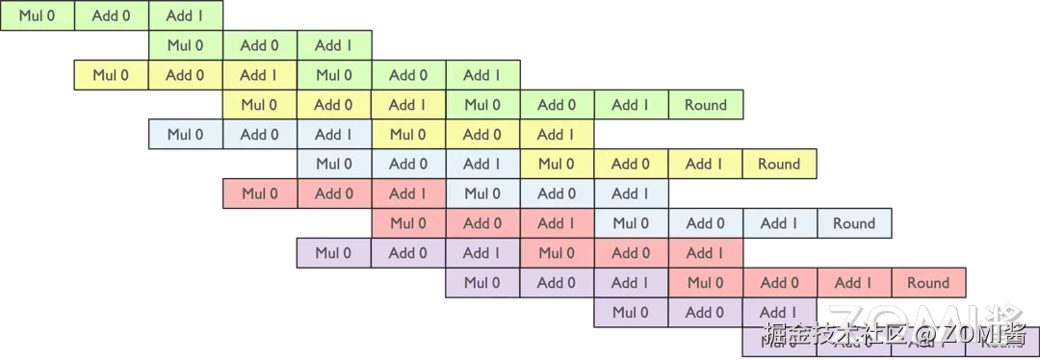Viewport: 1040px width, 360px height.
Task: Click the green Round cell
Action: pyautogui.click(x=706, y=105)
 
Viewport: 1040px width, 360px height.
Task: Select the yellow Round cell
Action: pyautogui.click(x=779, y=164)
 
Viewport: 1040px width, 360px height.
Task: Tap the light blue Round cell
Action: pyautogui.click(x=854, y=223)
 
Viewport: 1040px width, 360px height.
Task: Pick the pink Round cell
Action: pyautogui.click(x=928, y=283)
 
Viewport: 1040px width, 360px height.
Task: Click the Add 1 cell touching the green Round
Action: pyautogui.click(x=632, y=105)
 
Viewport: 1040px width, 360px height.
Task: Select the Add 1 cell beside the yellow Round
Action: pyautogui.click(x=706, y=164)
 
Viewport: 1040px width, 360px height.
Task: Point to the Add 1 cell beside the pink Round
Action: pyautogui.click(x=854, y=283)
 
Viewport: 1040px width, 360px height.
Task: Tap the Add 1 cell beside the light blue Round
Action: pyautogui.click(x=780, y=223)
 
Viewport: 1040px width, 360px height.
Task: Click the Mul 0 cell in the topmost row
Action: pyautogui.click(x=37, y=15)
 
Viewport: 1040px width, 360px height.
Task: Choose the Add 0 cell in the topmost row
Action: pyautogui.click(x=111, y=15)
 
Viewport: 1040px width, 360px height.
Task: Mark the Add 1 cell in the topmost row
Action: pyautogui.click(x=185, y=15)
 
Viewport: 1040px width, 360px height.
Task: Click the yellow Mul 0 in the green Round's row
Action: pyautogui.click(x=259, y=105)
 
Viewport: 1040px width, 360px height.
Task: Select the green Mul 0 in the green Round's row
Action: pyautogui.click(x=482, y=105)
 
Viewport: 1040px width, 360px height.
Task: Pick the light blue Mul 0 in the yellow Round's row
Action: pyautogui.click(x=334, y=164)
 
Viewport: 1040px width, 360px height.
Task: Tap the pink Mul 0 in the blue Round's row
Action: pyautogui.click(x=408, y=223)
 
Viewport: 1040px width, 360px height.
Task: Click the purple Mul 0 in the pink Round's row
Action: pyautogui.click(x=482, y=283)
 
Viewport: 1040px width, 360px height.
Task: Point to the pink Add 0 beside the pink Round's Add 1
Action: pyautogui.click(x=780, y=283)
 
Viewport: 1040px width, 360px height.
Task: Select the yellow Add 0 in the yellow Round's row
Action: pyautogui.click(x=632, y=164)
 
